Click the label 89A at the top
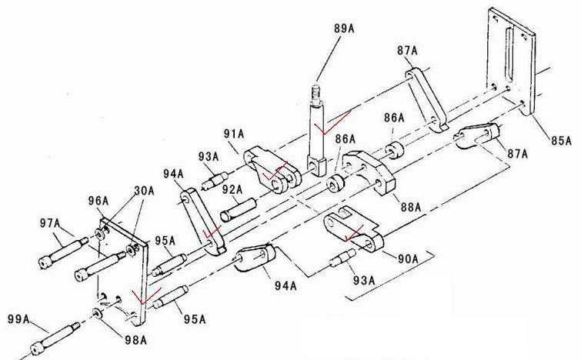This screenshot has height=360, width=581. pos(344,28)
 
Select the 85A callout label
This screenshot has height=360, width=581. pos(561,140)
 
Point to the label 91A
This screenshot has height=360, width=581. pos(234,133)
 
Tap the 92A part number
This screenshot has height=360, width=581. pos(232,189)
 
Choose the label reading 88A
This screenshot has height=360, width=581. pos(411,206)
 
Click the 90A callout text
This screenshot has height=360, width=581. pos(408,258)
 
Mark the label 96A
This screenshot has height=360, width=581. pos(99,201)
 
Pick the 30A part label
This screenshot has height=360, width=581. pos(144,190)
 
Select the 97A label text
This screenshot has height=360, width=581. pos(50,223)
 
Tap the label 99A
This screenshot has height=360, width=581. pos(18,318)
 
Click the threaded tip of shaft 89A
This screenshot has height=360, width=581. pos(316,90)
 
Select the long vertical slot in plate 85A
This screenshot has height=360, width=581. pos(509,55)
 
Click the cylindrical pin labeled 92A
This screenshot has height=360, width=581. pos(239,210)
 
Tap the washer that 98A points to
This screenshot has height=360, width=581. pos(98,313)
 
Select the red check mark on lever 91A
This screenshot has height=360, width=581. pos(274,171)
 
